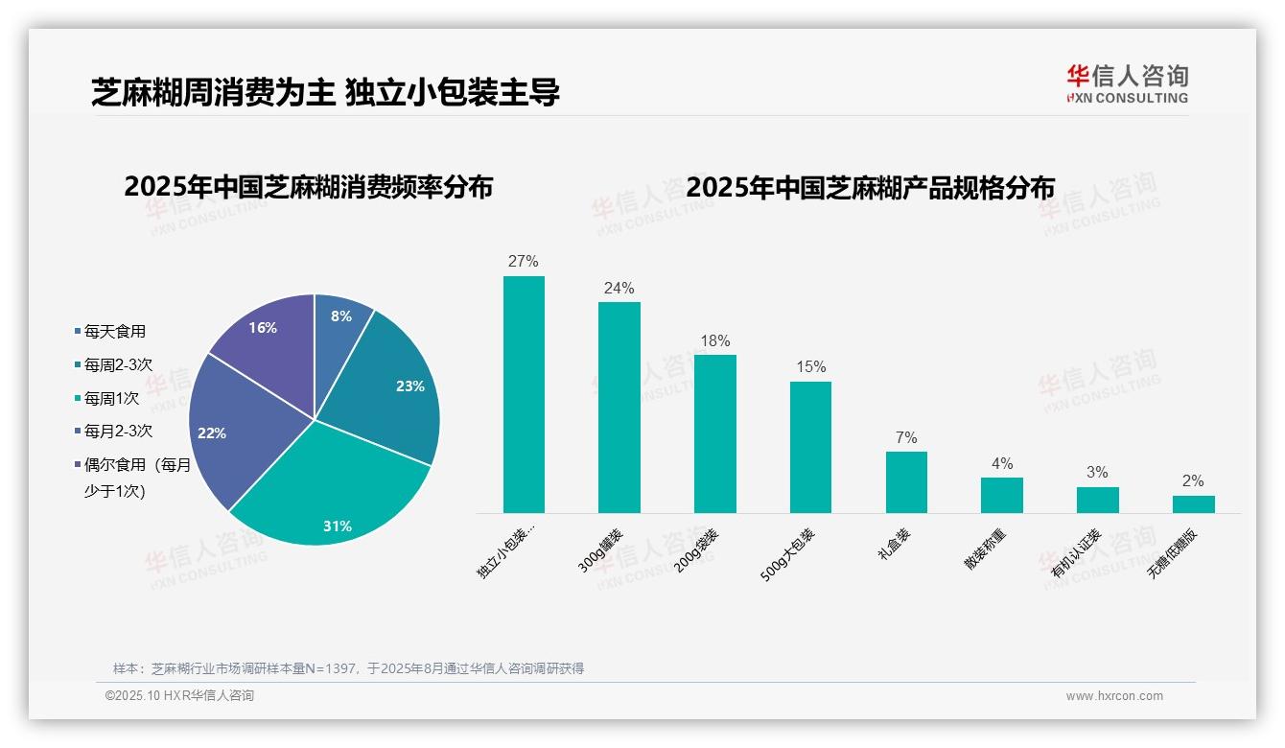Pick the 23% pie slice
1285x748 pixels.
pos(393,393)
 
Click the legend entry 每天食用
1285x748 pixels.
pos(114,331)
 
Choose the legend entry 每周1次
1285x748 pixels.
pos(110,398)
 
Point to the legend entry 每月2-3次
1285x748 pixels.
pos(117,432)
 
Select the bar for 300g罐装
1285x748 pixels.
pos(619,408)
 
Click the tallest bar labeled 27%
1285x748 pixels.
pos(524,394)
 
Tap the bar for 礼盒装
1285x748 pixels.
pos(906,482)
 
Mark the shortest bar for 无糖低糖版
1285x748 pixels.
pos(1193,504)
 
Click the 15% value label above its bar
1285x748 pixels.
pos(810,367)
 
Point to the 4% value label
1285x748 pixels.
pos(1002,463)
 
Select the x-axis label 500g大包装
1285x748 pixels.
pos(788,554)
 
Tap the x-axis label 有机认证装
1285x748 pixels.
pos(1076,552)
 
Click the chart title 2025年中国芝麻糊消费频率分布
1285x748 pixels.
pos(308,187)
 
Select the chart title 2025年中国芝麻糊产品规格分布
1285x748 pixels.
pos(870,187)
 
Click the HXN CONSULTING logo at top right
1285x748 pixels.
pos(1127,84)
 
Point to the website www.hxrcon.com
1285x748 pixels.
pos(1114,696)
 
